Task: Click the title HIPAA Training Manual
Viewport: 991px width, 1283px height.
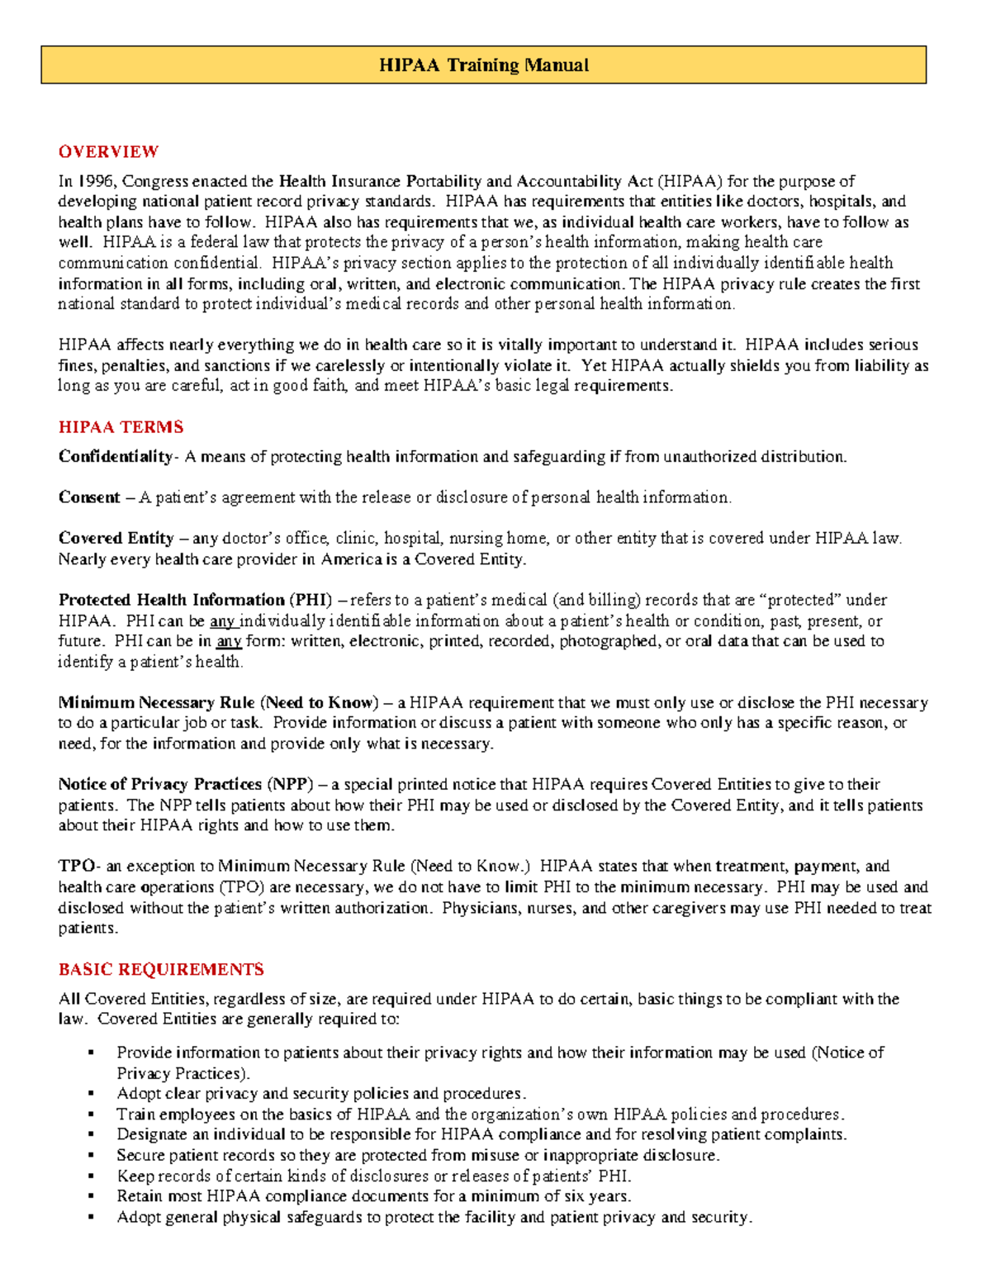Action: click(483, 65)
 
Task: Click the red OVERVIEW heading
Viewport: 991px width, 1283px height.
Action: click(108, 151)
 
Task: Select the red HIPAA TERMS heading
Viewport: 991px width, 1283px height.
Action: click(121, 427)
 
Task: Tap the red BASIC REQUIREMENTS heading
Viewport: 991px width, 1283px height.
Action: click(161, 969)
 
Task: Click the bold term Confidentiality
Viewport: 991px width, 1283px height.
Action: click(115, 457)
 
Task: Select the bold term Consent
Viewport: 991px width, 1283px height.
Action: click(89, 497)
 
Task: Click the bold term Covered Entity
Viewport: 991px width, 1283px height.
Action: click(116, 539)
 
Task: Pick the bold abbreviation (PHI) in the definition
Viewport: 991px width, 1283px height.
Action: click(311, 600)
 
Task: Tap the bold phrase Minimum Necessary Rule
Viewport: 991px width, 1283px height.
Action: click(156, 703)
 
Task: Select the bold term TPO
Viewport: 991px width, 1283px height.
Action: click(77, 867)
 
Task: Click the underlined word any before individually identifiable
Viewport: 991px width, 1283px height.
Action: click(223, 621)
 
